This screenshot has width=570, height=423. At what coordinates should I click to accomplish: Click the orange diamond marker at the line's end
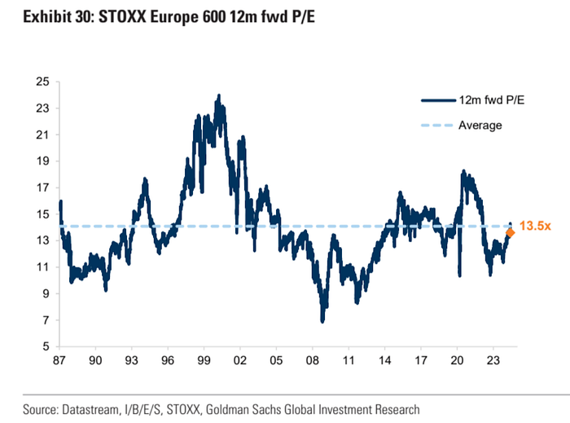pos(510,233)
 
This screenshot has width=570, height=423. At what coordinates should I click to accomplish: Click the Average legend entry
pos(480,126)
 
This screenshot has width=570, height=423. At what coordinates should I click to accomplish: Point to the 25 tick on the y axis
pos(43,82)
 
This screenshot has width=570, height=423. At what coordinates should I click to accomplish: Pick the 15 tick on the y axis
pos(43,214)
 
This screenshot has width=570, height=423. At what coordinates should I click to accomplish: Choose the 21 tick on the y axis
pos(43,134)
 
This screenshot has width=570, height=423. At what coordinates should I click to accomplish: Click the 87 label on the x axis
pos(59,361)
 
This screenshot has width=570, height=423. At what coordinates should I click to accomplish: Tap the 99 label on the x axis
pos(204,361)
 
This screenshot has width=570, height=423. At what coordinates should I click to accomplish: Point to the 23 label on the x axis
pos(492,361)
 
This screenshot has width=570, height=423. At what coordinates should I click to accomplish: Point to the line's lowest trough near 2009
pos(323,321)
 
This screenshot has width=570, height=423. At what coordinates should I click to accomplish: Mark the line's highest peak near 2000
pos(218,95)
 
